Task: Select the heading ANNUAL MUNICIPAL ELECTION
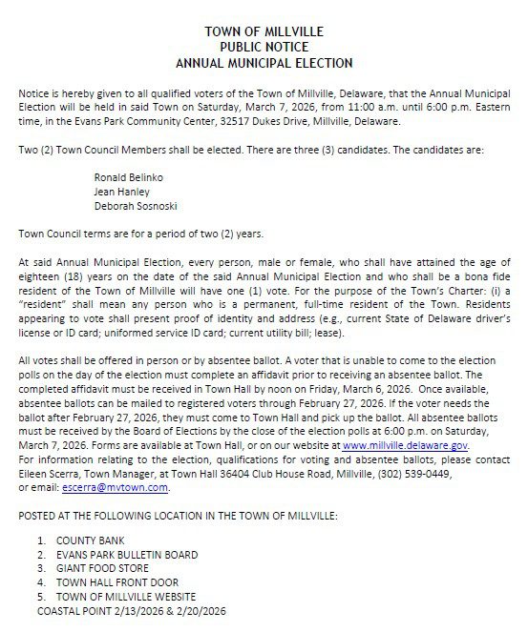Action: coord(264,63)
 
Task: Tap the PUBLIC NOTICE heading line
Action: coord(264,48)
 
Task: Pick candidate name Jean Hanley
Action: coord(116,191)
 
